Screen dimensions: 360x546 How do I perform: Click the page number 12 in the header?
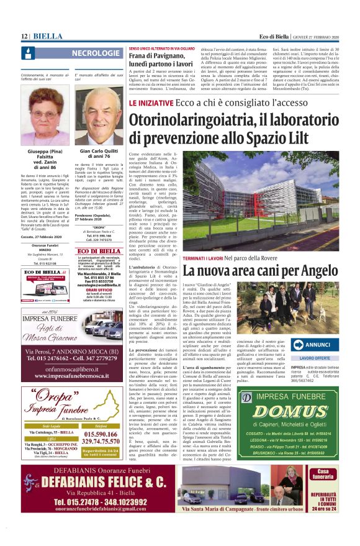(24, 37)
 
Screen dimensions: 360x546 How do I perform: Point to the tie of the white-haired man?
(101, 138)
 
